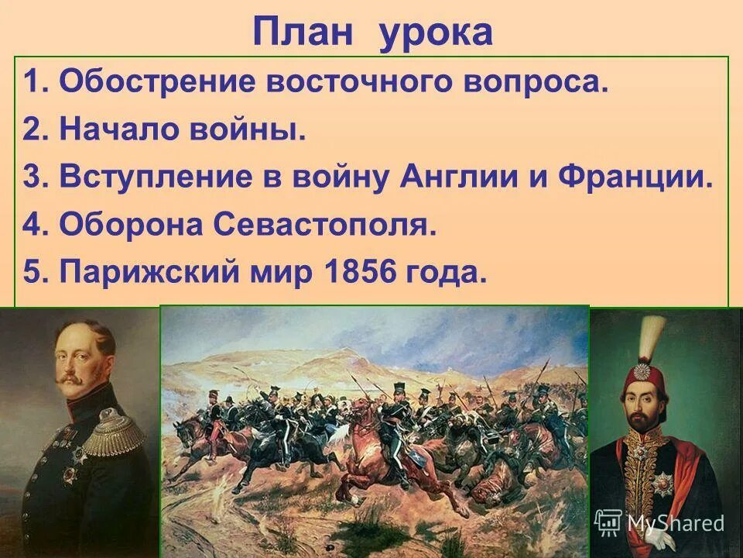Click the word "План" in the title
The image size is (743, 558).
[306, 32]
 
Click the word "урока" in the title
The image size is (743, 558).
[435, 33]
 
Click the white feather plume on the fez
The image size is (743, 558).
[657, 334]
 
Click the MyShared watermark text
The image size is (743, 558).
[675, 523]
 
